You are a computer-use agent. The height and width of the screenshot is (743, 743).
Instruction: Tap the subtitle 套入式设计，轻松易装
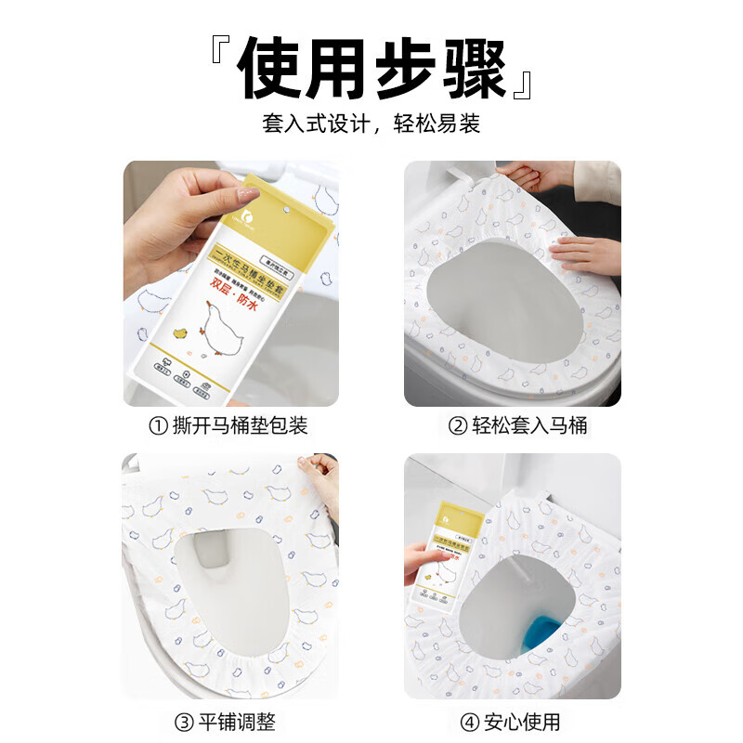point(371,124)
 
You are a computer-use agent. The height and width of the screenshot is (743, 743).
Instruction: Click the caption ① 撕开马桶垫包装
point(228,426)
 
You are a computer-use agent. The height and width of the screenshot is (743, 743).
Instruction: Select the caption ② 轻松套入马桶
point(518,426)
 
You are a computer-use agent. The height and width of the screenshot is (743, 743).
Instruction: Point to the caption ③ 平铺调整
point(228,720)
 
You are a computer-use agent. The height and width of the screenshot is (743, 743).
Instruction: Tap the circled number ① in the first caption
point(159,426)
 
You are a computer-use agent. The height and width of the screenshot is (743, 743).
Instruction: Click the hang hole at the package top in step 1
point(286,213)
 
